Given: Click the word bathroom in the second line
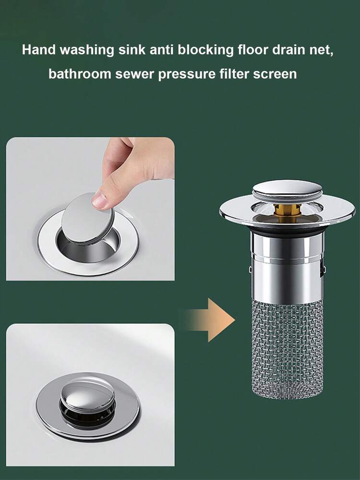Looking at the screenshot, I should (76, 75).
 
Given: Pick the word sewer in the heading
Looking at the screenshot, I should (132, 75).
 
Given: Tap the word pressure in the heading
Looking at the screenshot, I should (186, 75).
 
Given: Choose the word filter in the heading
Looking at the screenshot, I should (237, 75).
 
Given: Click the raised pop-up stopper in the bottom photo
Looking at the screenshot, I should (87, 394).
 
